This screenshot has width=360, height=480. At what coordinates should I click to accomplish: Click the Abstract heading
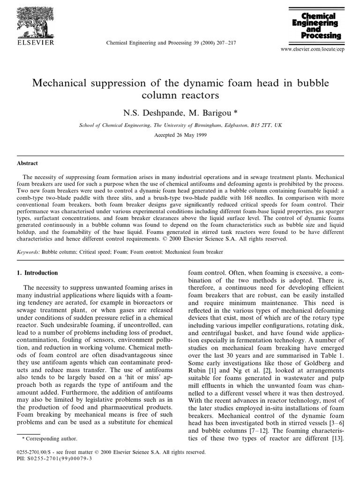tap(28, 163)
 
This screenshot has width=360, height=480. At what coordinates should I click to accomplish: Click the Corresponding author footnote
tap(50, 439)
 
